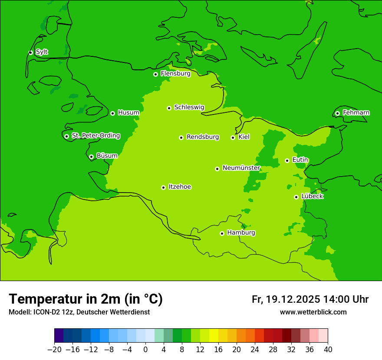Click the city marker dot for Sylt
[30, 52]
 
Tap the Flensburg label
[175, 74]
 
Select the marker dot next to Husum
[112, 113]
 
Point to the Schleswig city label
[189, 107]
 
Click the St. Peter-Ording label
[95, 136]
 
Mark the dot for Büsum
[91, 157]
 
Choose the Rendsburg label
[202, 137]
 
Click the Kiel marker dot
[233, 137]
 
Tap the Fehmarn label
[356, 113]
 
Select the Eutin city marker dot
[287, 160]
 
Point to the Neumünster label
[241, 168]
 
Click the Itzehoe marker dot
[163, 187]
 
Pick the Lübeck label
[312, 196]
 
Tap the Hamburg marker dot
[222, 233]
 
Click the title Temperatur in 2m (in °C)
[86, 299]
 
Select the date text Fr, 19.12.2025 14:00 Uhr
[310, 299]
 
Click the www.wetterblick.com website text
[313, 312]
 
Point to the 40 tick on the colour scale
[328, 350]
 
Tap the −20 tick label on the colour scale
[54, 350]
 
